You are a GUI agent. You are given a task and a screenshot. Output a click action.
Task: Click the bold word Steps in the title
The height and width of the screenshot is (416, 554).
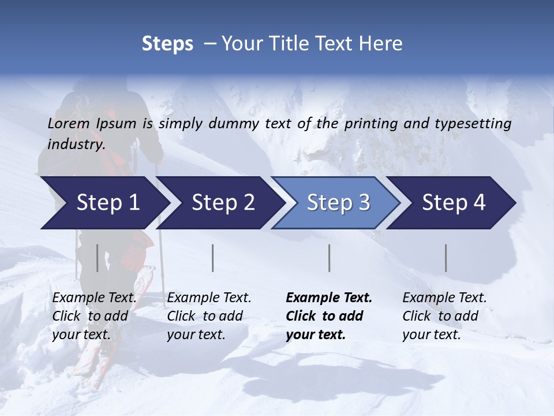click(167, 44)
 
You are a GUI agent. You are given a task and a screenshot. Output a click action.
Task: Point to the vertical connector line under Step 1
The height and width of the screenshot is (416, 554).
click(97, 258)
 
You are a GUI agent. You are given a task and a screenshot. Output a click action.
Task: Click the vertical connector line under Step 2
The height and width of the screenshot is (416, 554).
click(213, 258)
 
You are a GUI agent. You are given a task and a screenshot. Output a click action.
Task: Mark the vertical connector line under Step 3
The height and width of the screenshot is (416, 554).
click(329, 258)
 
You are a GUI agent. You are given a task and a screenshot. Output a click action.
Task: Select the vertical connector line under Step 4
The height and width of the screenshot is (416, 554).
click(446, 258)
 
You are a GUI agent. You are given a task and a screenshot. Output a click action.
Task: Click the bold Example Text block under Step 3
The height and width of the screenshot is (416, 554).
click(329, 316)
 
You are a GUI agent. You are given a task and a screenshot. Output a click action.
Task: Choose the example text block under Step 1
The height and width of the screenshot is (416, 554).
click(94, 316)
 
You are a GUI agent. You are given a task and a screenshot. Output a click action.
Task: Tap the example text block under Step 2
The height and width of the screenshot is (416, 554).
click(209, 316)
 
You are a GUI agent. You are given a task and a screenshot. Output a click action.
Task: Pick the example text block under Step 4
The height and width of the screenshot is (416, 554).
click(444, 316)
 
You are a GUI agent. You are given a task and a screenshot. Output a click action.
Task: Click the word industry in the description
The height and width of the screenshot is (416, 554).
click(76, 144)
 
